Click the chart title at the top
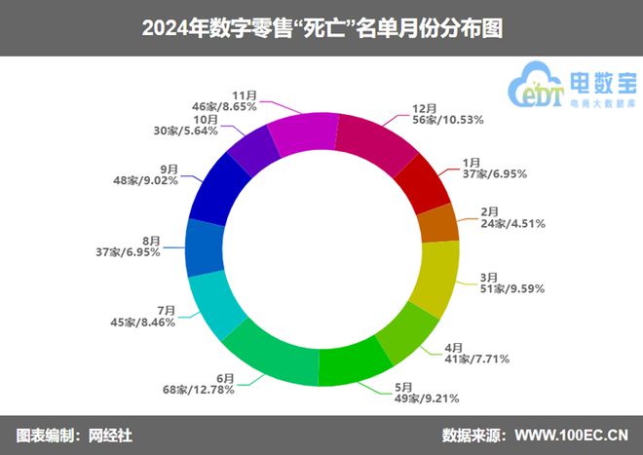[x=321, y=27]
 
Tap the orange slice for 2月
[x=437, y=223]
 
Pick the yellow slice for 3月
[x=435, y=277]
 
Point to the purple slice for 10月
[x=253, y=150]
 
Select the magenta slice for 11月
[x=301, y=133]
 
